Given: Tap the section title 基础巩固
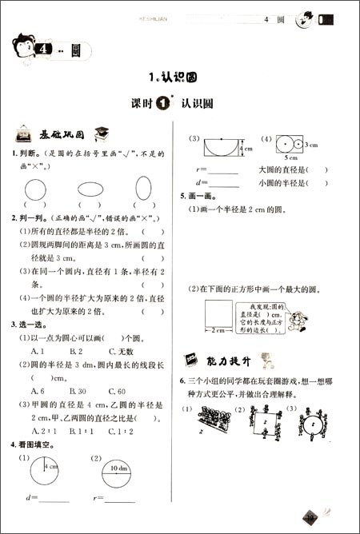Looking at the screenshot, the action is point(61,134).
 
